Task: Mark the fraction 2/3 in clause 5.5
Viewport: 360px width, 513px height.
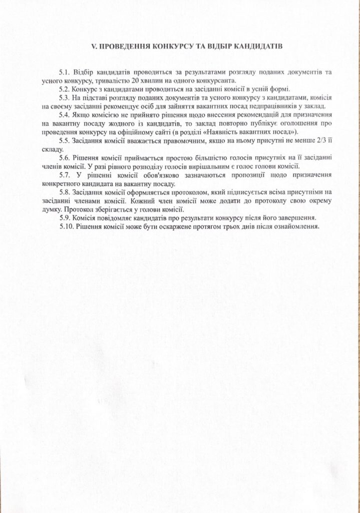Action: (318, 141)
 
